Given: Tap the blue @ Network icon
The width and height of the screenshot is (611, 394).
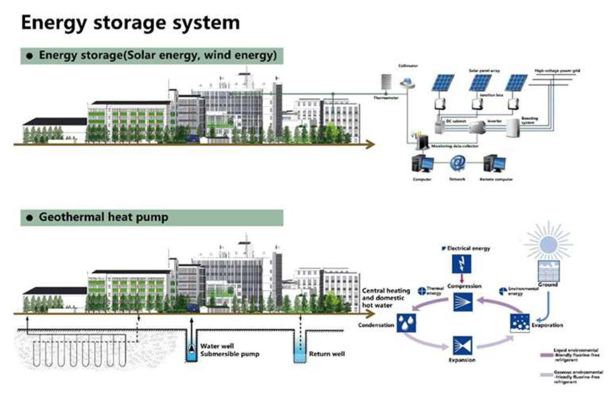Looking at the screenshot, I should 457,163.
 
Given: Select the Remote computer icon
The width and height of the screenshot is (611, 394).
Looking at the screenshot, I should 494,164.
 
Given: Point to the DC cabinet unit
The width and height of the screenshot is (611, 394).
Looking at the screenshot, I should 440,127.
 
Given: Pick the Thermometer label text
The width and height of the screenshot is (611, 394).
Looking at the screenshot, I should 385,98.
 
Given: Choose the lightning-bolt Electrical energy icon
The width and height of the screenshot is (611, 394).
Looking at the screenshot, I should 462,264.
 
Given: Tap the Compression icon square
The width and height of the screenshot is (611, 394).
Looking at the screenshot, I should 463,302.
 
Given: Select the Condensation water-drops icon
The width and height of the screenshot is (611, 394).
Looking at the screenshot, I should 406,322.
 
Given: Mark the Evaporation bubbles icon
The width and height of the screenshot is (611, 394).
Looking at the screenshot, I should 519,322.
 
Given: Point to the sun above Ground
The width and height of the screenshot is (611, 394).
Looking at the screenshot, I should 549,243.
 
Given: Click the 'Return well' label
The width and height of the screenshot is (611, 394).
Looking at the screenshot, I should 327,354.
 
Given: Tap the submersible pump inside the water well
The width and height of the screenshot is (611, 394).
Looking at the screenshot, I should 192,349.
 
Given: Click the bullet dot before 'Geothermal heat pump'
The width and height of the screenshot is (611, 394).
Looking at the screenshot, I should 29,218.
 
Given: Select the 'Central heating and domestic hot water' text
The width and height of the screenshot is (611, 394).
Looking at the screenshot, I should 385,298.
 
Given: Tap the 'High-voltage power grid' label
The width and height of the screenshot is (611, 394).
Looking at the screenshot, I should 557,71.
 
